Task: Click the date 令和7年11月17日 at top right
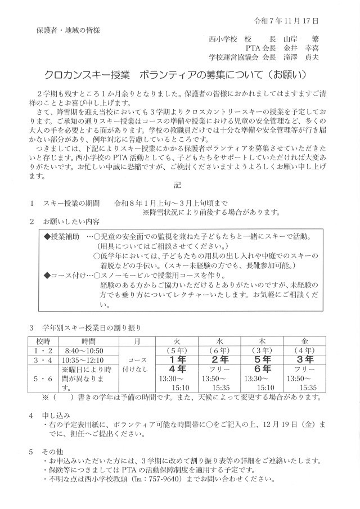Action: click(x=287, y=21)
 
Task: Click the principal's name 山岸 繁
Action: click(x=300, y=40)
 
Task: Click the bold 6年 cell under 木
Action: click(x=263, y=369)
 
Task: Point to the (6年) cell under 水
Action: click(x=220, y=350)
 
